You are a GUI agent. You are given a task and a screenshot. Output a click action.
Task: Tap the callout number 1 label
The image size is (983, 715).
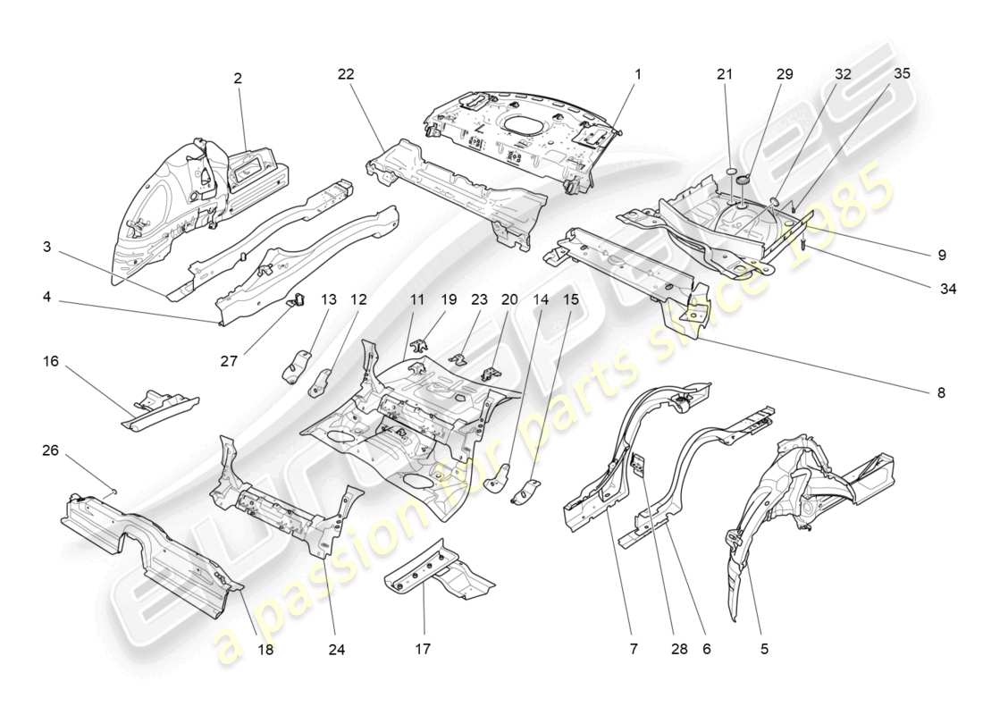638,77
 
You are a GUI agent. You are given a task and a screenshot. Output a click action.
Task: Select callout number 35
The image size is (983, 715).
902,74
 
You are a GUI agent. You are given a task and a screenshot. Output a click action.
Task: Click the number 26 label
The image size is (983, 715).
50,451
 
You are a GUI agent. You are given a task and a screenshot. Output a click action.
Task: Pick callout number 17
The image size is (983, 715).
424,650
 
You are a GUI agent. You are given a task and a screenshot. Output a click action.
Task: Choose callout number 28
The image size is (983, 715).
679,650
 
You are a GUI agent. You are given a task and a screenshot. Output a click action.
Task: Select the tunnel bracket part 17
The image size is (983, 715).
438,572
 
